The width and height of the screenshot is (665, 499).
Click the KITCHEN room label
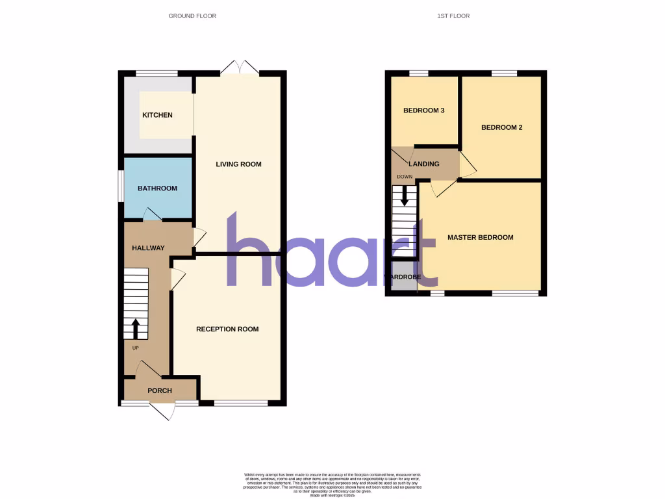coord(158,115)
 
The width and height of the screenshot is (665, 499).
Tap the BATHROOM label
coord(157,188)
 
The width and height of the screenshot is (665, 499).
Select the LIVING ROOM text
coord(238,164)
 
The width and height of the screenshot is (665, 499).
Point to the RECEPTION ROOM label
coord(227,329)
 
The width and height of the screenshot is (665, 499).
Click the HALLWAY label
coord(148,248)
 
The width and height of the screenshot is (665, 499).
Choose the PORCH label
coord(160,390)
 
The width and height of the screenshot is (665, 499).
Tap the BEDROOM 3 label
coord(423,110)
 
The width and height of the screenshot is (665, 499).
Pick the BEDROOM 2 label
coord(501,127)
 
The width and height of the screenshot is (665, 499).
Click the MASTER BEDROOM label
coord(480,237)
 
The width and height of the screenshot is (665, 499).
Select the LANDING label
coord(423,164)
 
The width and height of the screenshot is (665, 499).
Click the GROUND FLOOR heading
coord(192,16)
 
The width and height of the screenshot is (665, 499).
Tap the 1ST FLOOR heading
coord(453,16)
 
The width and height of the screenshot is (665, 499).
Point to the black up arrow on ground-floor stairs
coord(136,329)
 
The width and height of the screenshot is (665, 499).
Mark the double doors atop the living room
coord(239,66)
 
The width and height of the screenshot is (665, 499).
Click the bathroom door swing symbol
coord(152,214)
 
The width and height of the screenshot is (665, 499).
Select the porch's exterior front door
coord(162,411)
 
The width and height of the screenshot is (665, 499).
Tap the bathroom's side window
coord(120,188)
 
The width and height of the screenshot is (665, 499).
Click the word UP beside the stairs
coord(136,348)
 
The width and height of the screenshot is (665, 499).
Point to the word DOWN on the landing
coord(404,177)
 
